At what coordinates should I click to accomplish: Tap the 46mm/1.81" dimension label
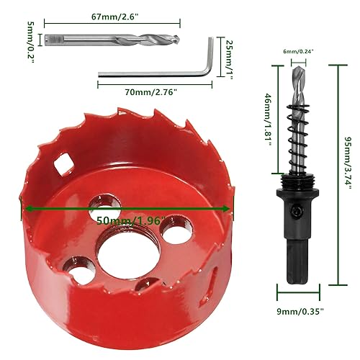267,119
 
